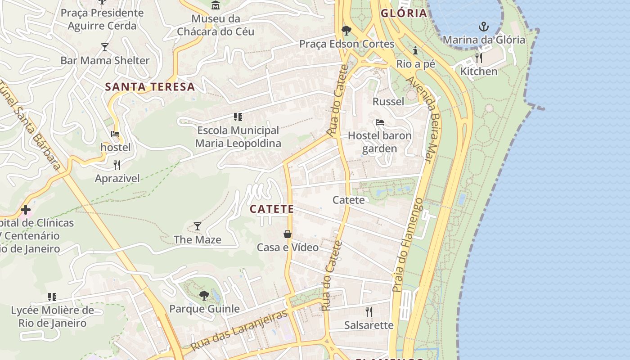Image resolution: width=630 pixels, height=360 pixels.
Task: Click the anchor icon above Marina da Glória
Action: pos(483,27)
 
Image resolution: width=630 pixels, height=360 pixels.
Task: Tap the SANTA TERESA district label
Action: pos(150,87)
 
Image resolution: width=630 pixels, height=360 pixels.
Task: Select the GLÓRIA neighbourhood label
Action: pos(404,13)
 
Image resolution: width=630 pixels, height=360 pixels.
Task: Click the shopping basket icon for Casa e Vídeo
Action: pos(288,234)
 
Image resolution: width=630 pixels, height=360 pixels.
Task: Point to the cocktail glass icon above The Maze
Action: pos(197,226)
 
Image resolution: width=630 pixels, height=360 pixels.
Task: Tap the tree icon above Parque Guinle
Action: pos(204,296)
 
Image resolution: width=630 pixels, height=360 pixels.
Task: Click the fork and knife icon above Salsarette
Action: pos(369,311)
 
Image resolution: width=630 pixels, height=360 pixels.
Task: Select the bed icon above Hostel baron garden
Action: pos(380,122)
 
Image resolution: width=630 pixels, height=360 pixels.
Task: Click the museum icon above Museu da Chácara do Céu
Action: pos(216,5)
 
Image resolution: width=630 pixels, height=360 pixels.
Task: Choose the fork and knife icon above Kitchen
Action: pos(479,58)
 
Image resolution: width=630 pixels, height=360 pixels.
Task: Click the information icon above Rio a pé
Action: pos(415,50)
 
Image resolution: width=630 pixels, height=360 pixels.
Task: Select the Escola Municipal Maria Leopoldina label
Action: pos(238,137)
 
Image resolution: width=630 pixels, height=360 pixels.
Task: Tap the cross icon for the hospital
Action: pos(26,210)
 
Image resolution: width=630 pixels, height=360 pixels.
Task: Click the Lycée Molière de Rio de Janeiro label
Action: pos(52,316)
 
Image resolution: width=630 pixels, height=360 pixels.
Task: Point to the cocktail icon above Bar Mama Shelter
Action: pos(105,47)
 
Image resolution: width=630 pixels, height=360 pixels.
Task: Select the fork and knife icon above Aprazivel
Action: pos(117,165)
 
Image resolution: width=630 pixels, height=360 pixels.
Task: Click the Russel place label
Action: pos(388,102)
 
